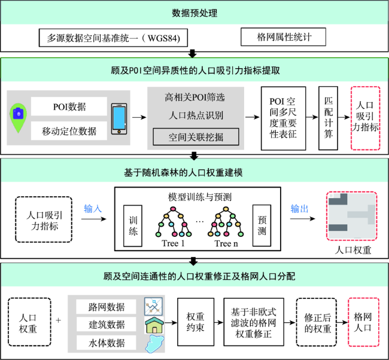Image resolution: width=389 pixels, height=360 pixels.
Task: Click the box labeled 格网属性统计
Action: (283, 37)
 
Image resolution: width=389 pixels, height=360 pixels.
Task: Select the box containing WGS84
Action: (113, 38)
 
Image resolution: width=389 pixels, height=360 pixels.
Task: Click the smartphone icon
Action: (119, 119)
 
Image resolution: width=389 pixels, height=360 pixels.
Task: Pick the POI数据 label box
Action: (69, 106)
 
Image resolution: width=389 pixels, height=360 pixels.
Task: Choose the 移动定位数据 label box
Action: (69, 130)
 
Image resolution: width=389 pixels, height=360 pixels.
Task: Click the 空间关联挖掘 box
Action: (196, 136)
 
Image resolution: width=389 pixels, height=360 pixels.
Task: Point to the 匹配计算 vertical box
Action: (328, 118)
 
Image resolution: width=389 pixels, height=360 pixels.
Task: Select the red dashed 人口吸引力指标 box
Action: (365, 118)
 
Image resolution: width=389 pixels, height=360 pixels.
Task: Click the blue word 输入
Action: (93, 209)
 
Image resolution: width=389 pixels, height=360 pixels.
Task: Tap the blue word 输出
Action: (299, 209)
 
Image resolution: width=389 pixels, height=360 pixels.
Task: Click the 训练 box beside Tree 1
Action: (133, 225)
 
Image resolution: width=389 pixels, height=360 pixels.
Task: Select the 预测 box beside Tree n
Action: (262, 225)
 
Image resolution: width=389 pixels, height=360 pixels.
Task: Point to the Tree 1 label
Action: (173, 243)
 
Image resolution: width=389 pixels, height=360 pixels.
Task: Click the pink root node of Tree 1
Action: (173, 209)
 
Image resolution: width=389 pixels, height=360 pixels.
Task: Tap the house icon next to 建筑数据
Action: (154, 325)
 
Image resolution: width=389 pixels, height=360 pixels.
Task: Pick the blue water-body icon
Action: (154, 344)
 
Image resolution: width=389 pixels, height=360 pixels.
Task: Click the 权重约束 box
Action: (196, 322)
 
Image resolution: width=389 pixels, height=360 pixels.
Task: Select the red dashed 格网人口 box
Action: (363, 322)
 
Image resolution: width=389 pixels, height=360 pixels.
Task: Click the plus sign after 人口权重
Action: (58, 321)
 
